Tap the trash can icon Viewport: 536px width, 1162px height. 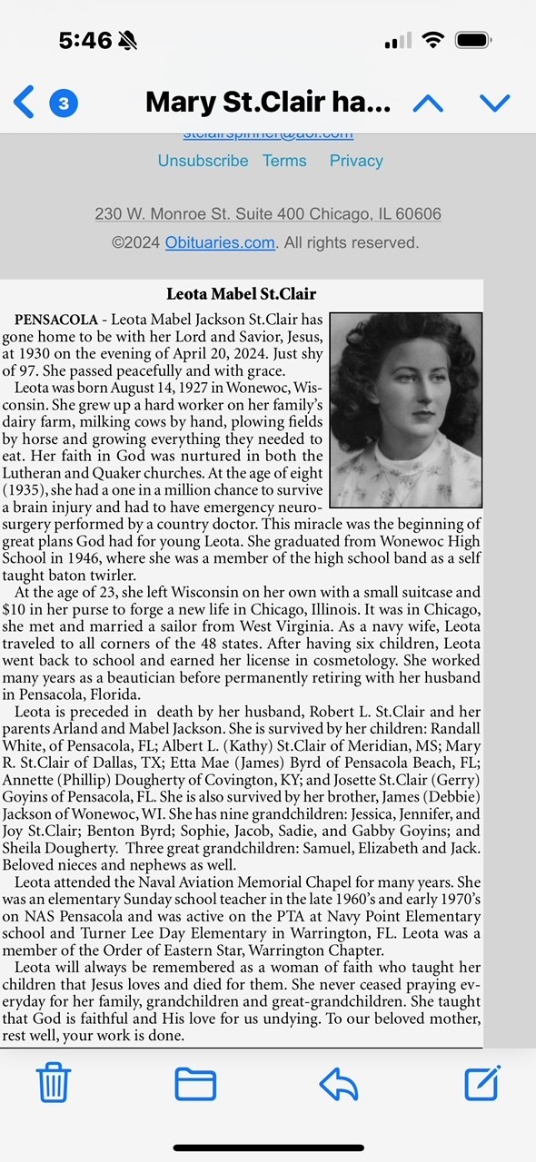pos(54,1083)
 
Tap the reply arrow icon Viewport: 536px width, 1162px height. pos(338,1083)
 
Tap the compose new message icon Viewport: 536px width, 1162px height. pos(482,1083)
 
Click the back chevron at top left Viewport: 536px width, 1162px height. pos(25,103)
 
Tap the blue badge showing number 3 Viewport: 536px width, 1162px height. pos(64,103)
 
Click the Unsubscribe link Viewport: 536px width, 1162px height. pos(203,161)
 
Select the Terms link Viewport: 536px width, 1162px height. pos(284,161)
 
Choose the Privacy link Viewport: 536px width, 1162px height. pos(356,161)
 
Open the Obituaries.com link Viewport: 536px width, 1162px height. pos(220,242)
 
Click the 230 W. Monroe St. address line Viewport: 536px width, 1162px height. pos(268,214)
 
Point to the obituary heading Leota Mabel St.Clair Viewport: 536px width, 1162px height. pos(242,293)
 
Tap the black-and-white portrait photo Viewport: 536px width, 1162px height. pos(405,409)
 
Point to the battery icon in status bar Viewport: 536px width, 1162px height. pos(475,41)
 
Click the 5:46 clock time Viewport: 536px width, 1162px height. pos(85,41)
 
